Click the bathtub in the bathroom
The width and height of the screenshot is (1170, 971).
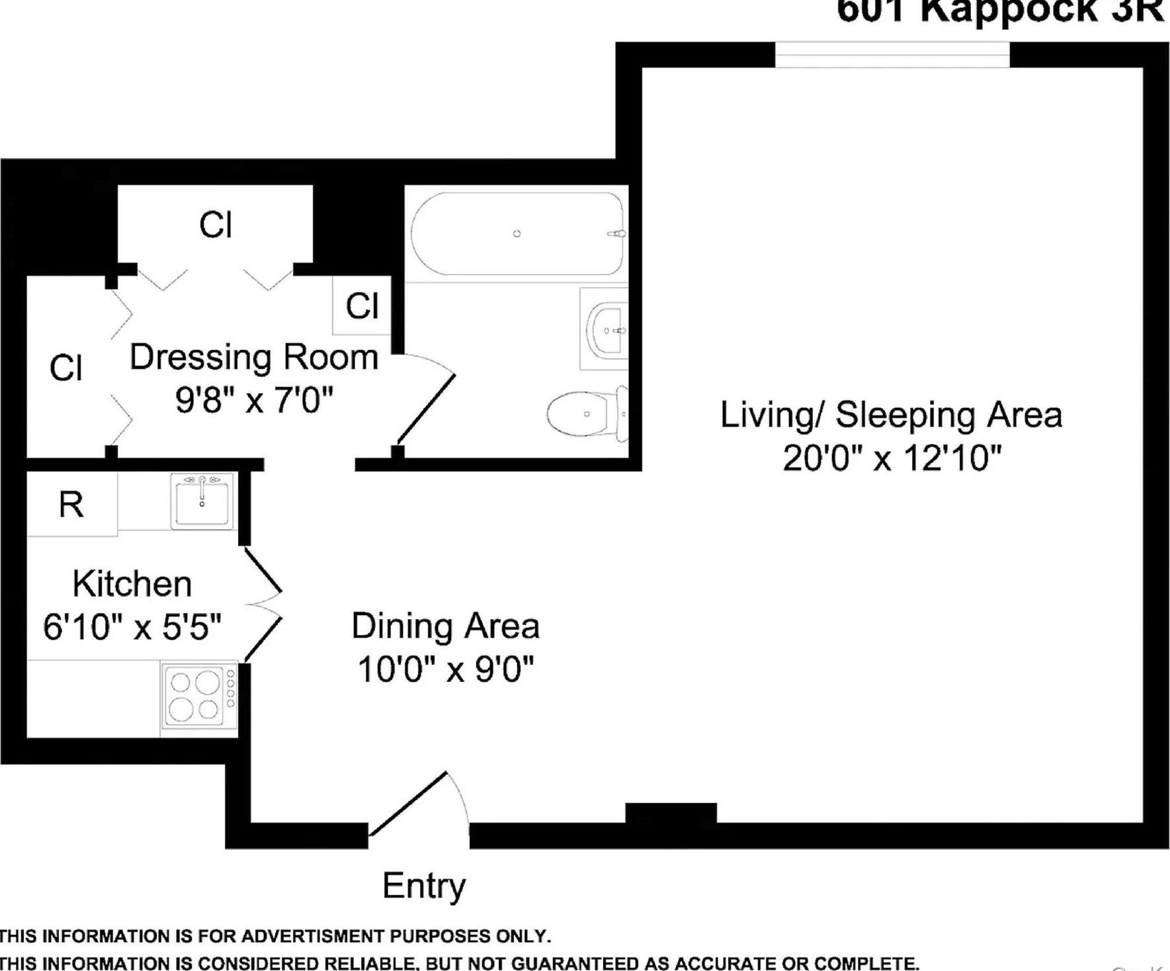[517, 233]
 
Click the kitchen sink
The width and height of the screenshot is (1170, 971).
[202, 501]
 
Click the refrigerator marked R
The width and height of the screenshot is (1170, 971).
[71, 505]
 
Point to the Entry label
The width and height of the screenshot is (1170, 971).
[424, 886]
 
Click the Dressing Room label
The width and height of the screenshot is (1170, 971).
[254, 357]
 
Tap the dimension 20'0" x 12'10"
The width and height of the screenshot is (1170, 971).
[892, 458]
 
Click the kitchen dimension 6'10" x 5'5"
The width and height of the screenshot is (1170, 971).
[132, 626]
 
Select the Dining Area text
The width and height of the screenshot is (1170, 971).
[445, 626]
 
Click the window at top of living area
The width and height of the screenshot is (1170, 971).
[892, 54]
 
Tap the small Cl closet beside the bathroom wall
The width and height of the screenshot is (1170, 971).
[362, 306]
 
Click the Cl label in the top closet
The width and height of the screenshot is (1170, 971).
[216, 225]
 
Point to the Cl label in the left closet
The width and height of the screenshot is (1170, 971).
[65, 368]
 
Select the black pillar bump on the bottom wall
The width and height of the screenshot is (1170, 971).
[671, 813]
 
